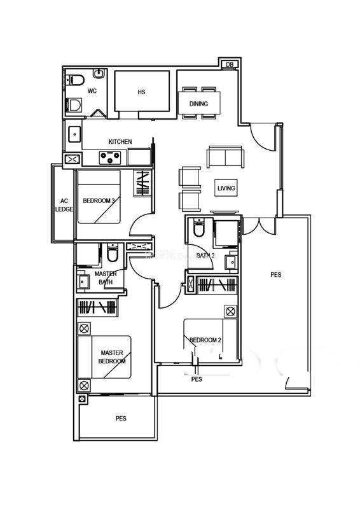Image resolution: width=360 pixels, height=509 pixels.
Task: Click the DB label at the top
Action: tap(230, 64)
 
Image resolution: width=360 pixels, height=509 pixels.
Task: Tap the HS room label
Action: tap(141, 92)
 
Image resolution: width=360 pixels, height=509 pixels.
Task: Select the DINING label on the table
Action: tap(198, 104)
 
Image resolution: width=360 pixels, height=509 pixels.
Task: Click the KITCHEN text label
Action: tap(120, 141)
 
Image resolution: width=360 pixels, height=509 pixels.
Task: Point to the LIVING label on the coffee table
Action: tap(226, 188)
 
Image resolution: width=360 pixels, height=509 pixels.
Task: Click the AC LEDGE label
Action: tap(64, 205)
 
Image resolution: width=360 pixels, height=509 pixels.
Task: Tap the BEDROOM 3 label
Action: tap(99, 201)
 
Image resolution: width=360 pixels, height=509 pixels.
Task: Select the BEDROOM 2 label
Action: tap(205, 340)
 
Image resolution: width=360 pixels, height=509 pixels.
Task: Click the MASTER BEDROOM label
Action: tap(112, 357)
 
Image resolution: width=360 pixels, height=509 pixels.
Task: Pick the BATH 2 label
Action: tap(205, 256)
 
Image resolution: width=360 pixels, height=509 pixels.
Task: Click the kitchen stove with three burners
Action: tap(110, 157)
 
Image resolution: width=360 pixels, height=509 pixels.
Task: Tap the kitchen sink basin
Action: tap(74, 134)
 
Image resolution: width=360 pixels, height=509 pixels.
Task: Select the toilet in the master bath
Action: tap(113, 253)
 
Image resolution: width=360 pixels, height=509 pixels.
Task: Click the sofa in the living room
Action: tap(226, 157)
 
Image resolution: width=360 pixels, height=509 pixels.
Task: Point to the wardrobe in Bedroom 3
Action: tap(142, 183)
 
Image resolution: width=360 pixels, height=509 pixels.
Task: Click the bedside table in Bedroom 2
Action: tap(230, 312)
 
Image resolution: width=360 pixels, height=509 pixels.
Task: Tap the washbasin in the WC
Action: tap(99, 73)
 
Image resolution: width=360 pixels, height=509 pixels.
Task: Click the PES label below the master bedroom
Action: tap(121, 419)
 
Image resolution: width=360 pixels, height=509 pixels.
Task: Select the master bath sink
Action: tap(83, 281)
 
